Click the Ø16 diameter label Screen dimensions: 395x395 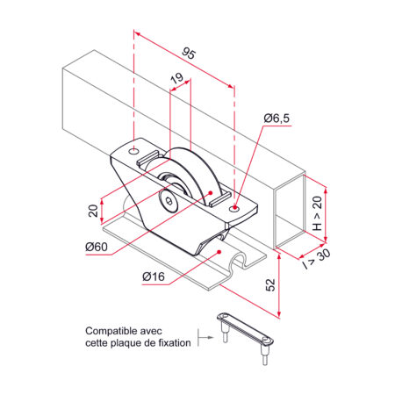(x=154, y=277)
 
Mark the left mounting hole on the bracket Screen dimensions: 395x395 (x=133, y=152)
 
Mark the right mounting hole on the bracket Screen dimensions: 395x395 (x=233, y=209)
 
